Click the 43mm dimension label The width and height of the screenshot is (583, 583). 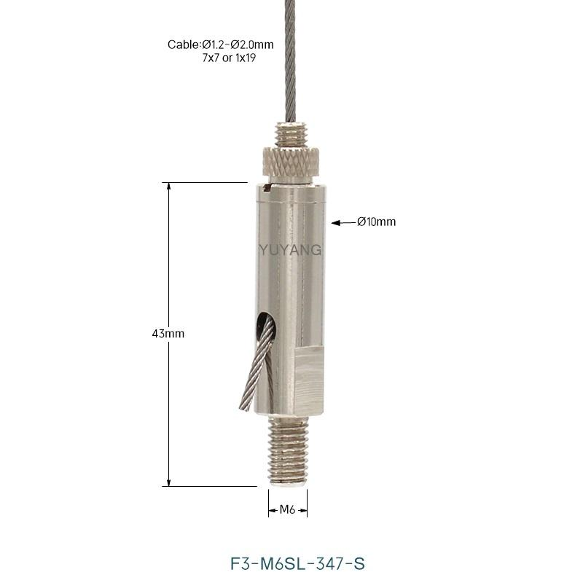click(168, 334)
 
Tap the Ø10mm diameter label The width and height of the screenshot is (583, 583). click(376, 222)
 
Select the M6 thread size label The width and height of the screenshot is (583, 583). click(287, 509)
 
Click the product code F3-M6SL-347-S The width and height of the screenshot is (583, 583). click(297, 563)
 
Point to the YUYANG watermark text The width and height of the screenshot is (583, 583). click(290, 250)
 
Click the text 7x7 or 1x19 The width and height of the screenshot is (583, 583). click(229, 58)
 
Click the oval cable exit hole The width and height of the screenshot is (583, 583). click(266, 326)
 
